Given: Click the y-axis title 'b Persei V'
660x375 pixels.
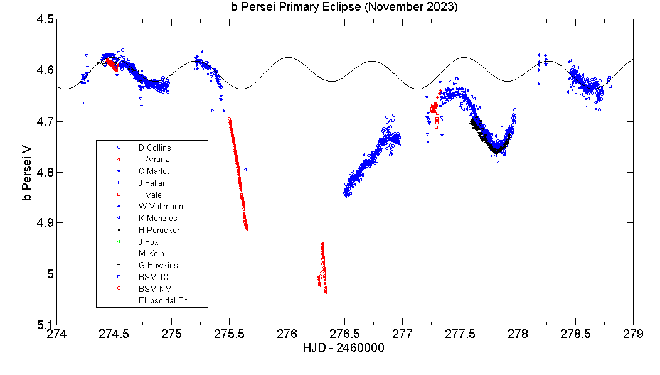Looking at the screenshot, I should click(x=26, y=171).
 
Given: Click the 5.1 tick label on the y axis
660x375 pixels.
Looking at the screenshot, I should click(x=44, y=325).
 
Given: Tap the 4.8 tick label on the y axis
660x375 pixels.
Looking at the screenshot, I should click(x=44, y=172).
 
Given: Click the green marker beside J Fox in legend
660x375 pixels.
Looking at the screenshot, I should click(x=119, y=242).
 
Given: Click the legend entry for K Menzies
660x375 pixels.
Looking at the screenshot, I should click(x=157, y=219).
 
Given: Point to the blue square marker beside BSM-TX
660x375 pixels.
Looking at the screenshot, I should click(x=119, y=277).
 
